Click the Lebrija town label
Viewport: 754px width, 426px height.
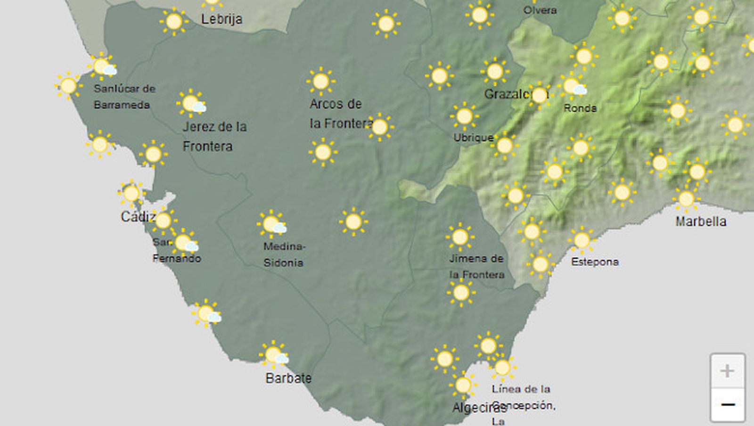(x=221, y=19)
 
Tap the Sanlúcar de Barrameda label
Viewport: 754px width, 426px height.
(x=124, y=97)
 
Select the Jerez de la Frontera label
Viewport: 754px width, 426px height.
(x=214, y=136)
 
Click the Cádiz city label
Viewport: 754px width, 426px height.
(x=138, y=217)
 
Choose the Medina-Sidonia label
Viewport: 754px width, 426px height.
(x=284, y=254)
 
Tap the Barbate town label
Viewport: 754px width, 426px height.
(x=288, y=378)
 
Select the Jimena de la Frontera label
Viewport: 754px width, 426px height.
(x=476, y=266)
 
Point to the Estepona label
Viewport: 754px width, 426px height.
(x=595, y=262)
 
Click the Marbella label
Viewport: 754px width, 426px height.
(x=701, y=221)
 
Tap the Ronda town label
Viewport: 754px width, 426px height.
(x=580, y=108)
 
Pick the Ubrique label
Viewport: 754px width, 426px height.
(x=473, y=138)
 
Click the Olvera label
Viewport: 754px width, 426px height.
(x=540, y=10)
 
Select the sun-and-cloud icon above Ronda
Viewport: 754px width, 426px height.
(x=573, y=87)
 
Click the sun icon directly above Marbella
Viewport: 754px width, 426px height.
(x=686, y=199)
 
